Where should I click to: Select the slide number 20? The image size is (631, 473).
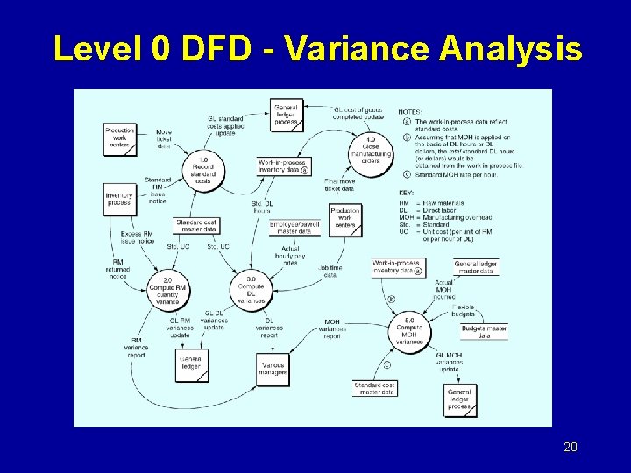570,448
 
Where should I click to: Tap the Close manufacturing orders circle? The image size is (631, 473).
371,150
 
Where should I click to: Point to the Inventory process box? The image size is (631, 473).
118,199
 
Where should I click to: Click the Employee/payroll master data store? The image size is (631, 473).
295,227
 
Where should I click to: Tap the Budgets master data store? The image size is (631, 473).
484,331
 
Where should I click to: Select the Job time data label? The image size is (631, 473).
330,272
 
